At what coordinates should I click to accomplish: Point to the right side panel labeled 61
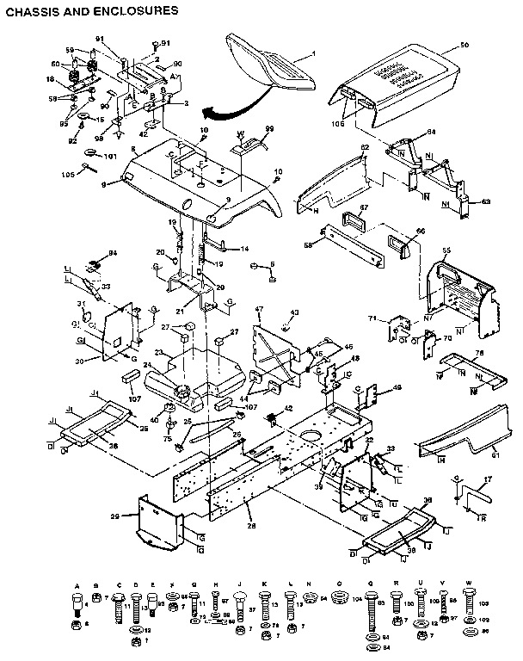465,439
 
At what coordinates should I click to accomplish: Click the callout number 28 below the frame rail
251,524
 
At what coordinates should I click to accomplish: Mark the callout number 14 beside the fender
244,249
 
